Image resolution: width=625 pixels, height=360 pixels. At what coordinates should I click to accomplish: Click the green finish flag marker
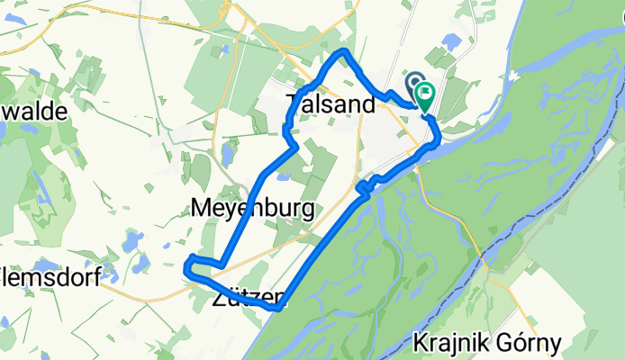(423, 94)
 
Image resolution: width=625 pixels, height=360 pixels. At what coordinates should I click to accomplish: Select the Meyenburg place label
(253, 210)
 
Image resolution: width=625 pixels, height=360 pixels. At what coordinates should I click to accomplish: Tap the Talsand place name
(330, 104)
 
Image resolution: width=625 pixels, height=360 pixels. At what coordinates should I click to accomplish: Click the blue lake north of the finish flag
(450, 41)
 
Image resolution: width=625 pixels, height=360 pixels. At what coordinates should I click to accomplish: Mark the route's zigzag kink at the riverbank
(363, 186)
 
